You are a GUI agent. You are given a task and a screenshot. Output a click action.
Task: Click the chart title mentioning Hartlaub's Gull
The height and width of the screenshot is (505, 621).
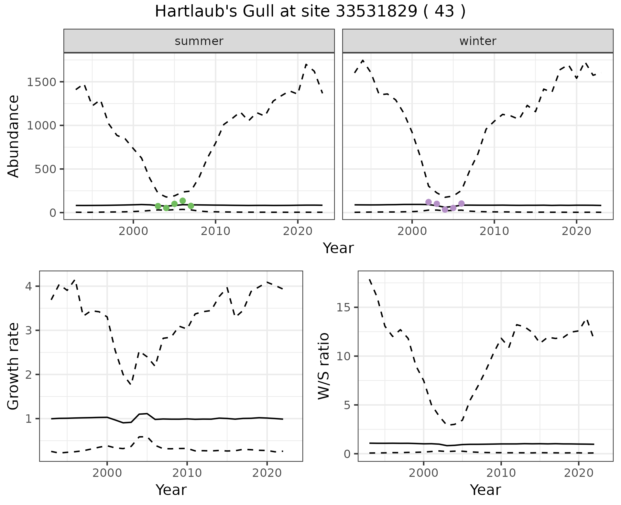tap(310, 12)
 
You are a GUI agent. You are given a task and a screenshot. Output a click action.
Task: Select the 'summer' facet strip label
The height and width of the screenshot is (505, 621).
tap(199, 41)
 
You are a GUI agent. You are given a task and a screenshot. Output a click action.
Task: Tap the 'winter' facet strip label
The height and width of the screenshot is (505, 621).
tap(478, 41)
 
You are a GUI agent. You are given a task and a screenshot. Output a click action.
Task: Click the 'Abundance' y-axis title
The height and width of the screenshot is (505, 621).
tap(14, 136)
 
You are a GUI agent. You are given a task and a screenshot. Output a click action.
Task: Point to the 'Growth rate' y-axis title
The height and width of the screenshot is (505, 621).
tap(14, 366)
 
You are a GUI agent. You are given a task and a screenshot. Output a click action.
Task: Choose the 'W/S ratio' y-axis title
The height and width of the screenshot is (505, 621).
tap(324, 366)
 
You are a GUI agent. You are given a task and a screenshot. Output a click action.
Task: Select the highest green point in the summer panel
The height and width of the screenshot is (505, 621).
tap(182, 201)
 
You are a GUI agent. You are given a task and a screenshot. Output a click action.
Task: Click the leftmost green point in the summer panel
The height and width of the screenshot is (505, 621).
tap(158, 206)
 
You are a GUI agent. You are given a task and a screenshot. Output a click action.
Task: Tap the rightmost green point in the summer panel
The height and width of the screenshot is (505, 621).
tap(191, 206)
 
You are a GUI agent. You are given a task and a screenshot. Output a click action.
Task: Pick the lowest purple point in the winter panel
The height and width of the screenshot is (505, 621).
tap(445, 209)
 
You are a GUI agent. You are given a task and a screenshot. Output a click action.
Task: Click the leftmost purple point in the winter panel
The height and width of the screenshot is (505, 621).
tap(429, 202)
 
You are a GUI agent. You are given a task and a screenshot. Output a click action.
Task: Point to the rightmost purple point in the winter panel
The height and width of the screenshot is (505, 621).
tap(462, 203)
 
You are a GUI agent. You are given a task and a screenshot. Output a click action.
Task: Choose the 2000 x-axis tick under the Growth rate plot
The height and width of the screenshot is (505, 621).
tap(107, 473)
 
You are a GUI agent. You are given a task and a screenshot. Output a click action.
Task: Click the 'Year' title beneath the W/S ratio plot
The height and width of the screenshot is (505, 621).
tap(485, 490)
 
